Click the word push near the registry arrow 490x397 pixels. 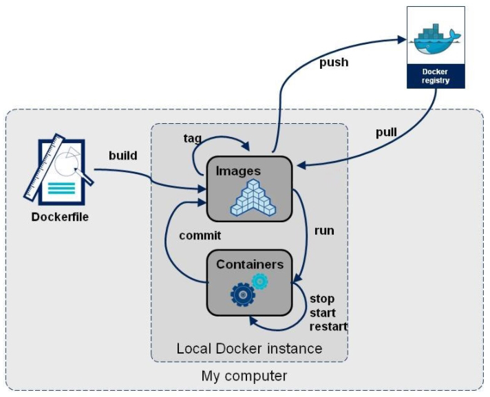[334, 63]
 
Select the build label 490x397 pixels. [123, 155]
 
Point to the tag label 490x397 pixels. [193, 138]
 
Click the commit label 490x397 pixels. [200, 236]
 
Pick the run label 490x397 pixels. [323, 230]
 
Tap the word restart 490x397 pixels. [329, 326]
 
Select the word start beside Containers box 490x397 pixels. [323, 313]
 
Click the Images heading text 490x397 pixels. [237, 170]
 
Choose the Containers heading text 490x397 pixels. [250, 264]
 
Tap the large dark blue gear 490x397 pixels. [242, 294]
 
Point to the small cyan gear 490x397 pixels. [259, 281]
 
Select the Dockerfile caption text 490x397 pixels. [61, 218]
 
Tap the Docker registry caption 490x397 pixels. [434, 76]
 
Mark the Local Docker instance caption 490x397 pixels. [249, 349]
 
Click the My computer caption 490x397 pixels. [244, 376]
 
